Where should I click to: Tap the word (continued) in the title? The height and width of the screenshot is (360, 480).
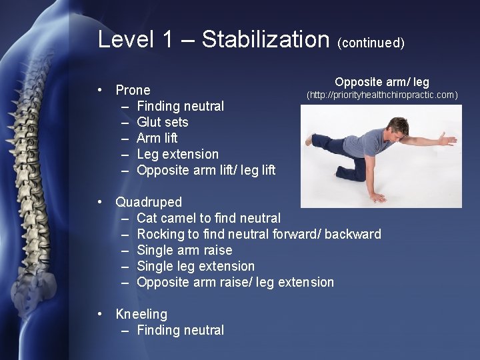coord(371,43)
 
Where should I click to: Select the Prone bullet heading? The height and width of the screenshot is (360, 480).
coord(133,90)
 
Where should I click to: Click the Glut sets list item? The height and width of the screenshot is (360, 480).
coord(162,122)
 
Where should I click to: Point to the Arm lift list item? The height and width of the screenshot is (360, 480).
coord(157,138)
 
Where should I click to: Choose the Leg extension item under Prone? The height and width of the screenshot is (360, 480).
coord(177,154)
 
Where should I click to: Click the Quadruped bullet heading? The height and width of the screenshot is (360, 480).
coord(148,202)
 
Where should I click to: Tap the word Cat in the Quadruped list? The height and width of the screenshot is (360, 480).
coord(147,218)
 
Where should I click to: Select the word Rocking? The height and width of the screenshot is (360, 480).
coord(161,234)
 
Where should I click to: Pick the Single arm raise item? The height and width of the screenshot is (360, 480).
coord(184,250)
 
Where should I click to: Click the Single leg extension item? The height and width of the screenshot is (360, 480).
coord(195,266)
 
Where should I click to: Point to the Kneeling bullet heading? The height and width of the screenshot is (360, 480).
coord(141,314)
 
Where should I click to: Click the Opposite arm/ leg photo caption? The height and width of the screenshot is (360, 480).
coord(382,82)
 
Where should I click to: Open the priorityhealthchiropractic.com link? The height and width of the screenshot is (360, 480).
coord(382,95)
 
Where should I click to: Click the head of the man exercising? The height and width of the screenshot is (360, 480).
coord(399,126)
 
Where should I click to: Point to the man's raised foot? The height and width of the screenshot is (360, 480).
coord(308,140)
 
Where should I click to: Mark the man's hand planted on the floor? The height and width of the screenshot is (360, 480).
coord(378,197)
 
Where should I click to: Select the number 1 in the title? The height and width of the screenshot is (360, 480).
coord(167,39)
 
